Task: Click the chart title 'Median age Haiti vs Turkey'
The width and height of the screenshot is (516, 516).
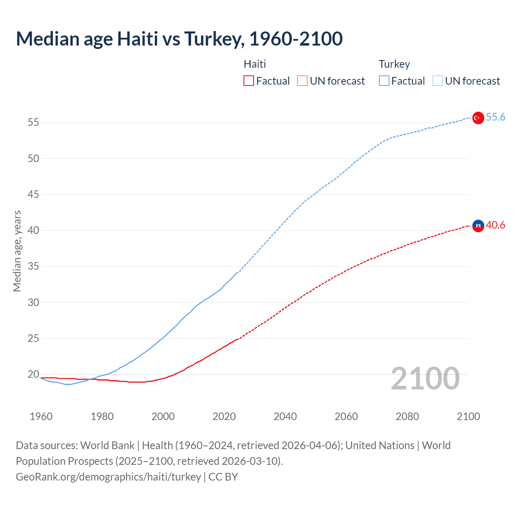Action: coord(179,39)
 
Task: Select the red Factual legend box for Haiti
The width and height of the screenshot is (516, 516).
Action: coord(249,81)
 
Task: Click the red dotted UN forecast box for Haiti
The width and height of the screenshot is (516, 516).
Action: coord(302,81)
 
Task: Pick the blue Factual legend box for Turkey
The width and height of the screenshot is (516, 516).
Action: coord(384,81)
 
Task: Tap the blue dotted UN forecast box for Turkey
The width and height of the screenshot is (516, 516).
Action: coord(437,81)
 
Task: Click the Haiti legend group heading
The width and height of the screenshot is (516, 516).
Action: coord(255,64)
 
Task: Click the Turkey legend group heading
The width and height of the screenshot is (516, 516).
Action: coord(394,64)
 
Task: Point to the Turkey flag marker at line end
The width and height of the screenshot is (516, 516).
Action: coord(478,118)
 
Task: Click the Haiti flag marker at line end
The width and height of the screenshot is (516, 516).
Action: coord(478,226)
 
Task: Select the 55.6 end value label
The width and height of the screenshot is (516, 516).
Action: coord(495,117)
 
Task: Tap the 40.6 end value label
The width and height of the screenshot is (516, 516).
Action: coord(495,225)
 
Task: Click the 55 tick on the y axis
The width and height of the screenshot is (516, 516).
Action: coord(33,122)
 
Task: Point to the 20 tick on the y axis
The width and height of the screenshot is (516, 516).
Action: coord(33,375)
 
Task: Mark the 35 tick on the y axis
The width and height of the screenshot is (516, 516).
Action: coord(33,266)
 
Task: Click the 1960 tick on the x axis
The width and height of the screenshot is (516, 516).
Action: coord(41,416)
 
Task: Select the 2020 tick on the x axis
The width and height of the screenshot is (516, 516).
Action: coord(224,416)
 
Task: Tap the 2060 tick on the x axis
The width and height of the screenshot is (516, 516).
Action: coord(346,416)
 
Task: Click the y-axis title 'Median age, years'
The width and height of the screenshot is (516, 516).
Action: coord(17,251)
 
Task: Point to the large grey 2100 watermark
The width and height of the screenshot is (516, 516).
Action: coord(425,379)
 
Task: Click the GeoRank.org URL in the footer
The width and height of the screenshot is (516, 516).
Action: coord(108,477)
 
